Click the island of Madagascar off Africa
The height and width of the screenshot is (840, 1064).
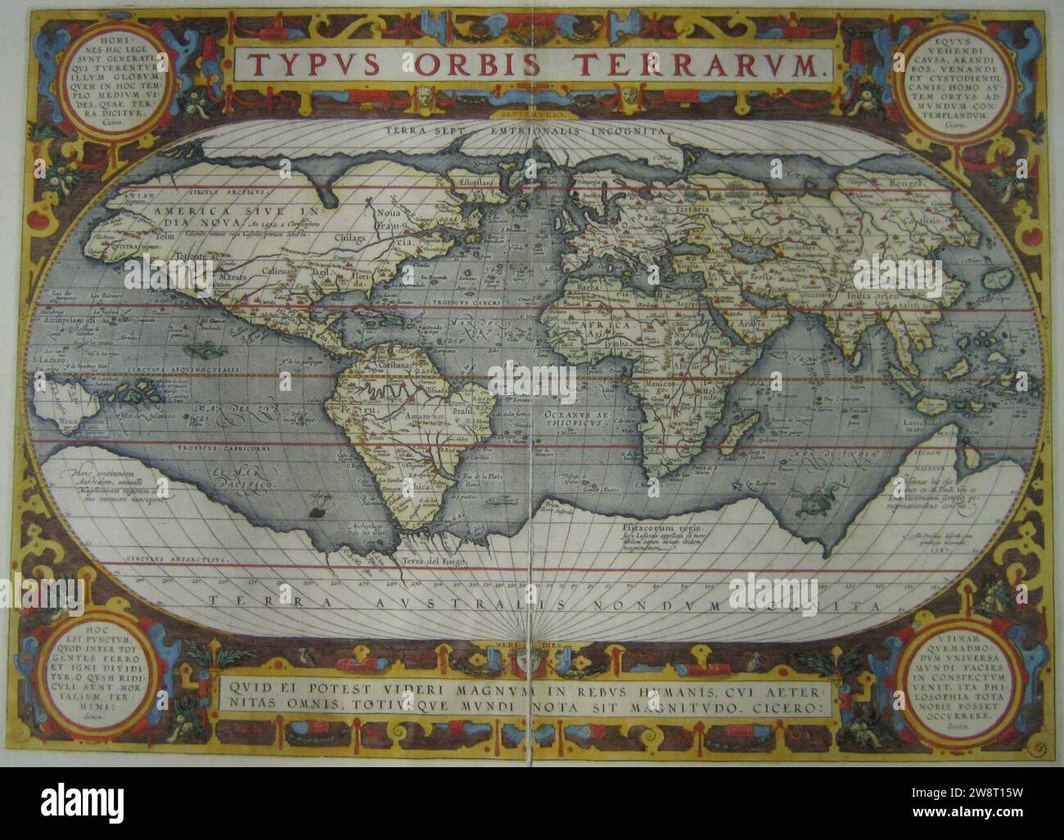(x=743, y=427)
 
